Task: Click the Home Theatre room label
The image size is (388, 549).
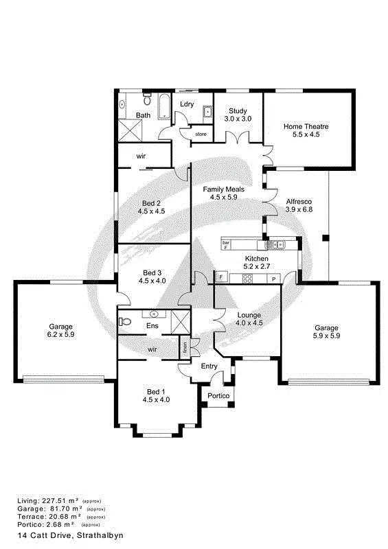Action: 306,130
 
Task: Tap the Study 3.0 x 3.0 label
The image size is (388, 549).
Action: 238,115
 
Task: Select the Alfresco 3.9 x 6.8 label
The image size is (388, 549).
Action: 299,205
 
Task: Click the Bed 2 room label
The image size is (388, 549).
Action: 152,207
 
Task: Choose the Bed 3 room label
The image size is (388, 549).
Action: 152,276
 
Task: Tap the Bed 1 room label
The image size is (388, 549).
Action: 156,395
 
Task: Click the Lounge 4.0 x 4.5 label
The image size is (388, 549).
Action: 249,318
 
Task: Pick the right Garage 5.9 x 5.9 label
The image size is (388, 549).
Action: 326,332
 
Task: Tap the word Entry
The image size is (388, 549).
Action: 209,366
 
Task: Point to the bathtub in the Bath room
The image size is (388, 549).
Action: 164,106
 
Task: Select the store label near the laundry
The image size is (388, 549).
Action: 201,134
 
